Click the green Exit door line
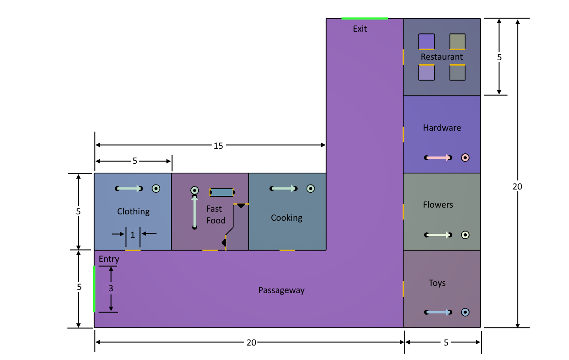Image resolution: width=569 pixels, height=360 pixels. coord(365,19)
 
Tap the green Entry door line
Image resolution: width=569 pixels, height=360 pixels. coord(94,289)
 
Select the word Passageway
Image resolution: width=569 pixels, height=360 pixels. coord(281,290)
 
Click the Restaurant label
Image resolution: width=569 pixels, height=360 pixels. coord(441,57)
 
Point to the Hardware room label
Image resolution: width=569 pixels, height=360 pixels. coord(442,128)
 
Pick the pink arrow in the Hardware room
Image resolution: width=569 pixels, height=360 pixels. coord(438,158)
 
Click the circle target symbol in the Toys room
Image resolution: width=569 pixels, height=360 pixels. coord(465,312)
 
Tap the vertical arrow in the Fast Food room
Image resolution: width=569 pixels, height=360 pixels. coord(194,212)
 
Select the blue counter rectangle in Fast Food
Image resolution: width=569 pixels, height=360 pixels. coord(222,192)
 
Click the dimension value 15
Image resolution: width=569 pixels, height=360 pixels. coord(218,146)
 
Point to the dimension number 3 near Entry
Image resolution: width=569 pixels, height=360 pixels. coord(111,289)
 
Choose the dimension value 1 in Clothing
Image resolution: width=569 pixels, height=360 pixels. coord(133,235)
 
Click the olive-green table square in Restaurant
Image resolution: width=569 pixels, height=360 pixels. coord(457,42)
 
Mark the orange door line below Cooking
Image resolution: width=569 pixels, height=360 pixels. coord(287,250)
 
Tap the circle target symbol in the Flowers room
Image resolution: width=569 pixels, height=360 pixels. coord(465,235)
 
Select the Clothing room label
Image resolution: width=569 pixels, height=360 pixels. coord(133,212)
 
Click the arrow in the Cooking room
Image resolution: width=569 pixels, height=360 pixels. coord(284,189)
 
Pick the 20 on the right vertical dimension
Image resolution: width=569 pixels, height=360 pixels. coord(517,187)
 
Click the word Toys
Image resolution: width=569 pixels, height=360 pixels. coord(437,283)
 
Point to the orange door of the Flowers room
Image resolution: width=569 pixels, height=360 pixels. coord(403,212)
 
